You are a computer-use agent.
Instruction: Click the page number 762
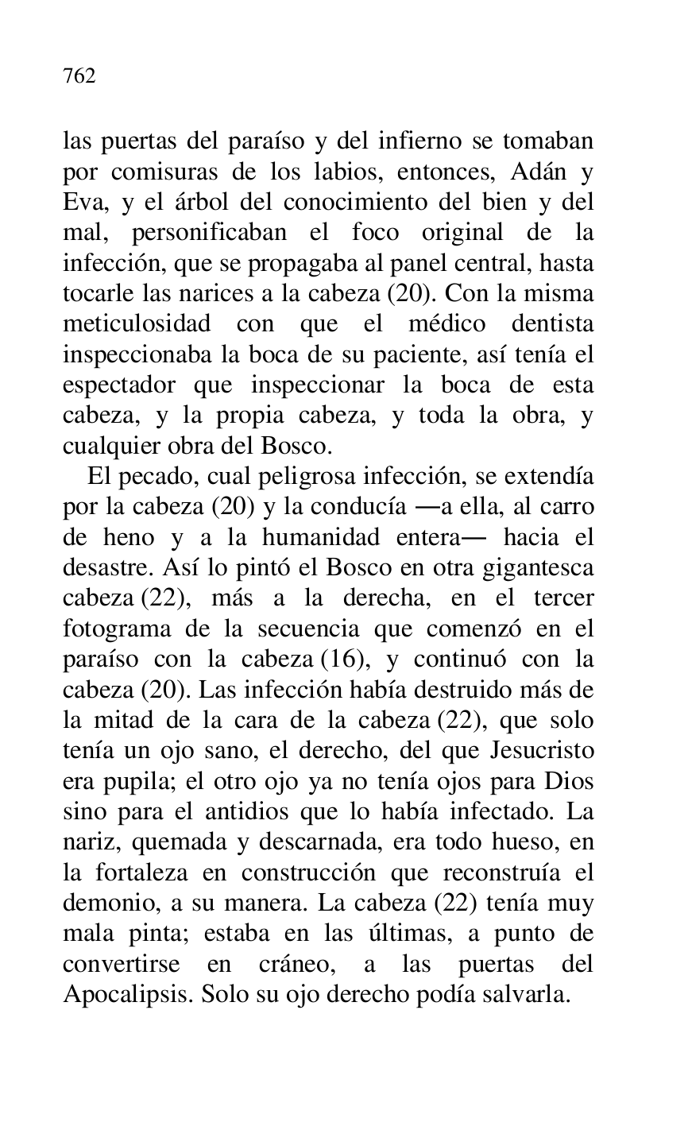pos(79,76)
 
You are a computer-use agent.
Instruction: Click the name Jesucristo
pos(543,751)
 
